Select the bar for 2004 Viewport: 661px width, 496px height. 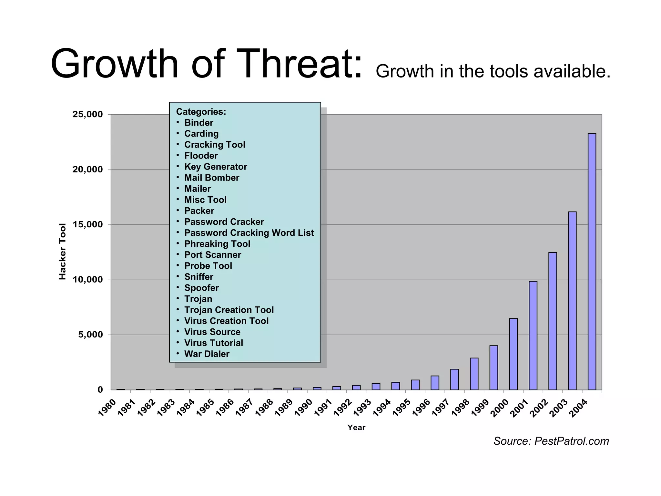tap(592, 262)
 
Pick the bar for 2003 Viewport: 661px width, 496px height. tap(572, 301)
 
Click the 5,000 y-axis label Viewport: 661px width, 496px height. tap(90, 335)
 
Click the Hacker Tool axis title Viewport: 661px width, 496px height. tap(62, 251)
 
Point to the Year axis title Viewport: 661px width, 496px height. tap(356, 428)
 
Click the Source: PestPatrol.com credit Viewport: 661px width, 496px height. tap(551, 441)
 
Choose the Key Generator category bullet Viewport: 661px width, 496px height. tap(215, 167)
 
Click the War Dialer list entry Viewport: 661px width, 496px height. tap(207, 354)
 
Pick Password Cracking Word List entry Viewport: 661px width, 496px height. tap(249, 233)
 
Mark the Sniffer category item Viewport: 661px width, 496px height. tap(198, 277)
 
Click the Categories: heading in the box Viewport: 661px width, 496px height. tap(201, 112)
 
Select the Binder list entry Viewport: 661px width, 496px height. tap(198, 123)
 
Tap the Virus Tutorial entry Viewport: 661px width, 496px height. tap(213, 343)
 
